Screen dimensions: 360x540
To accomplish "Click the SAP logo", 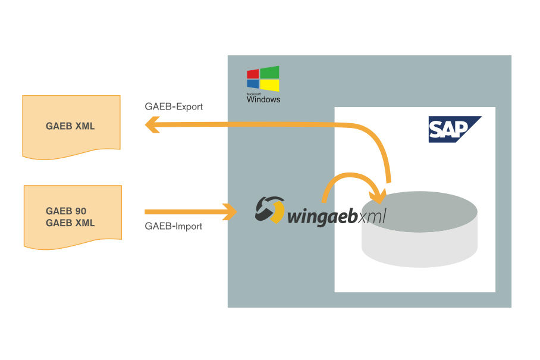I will click(x=454, y=129).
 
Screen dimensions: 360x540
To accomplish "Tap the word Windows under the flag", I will click(x=263, y=99).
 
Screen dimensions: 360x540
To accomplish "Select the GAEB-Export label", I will click(x=174, y=107).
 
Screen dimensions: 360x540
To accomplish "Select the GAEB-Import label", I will click(x=174, y=226).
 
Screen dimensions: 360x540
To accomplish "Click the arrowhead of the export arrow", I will click(x=151, y=124).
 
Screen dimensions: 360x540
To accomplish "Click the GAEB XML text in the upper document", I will click(x=70, y=126).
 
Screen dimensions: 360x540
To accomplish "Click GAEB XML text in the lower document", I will click(x=70, y=223).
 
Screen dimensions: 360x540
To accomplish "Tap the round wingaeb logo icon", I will click(x=269, y=210).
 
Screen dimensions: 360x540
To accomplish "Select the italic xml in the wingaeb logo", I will click(x=372, y=215).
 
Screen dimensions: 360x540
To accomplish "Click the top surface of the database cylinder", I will click(x=419, y=211).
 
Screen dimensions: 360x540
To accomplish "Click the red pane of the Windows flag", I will click(x=253, y=74).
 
